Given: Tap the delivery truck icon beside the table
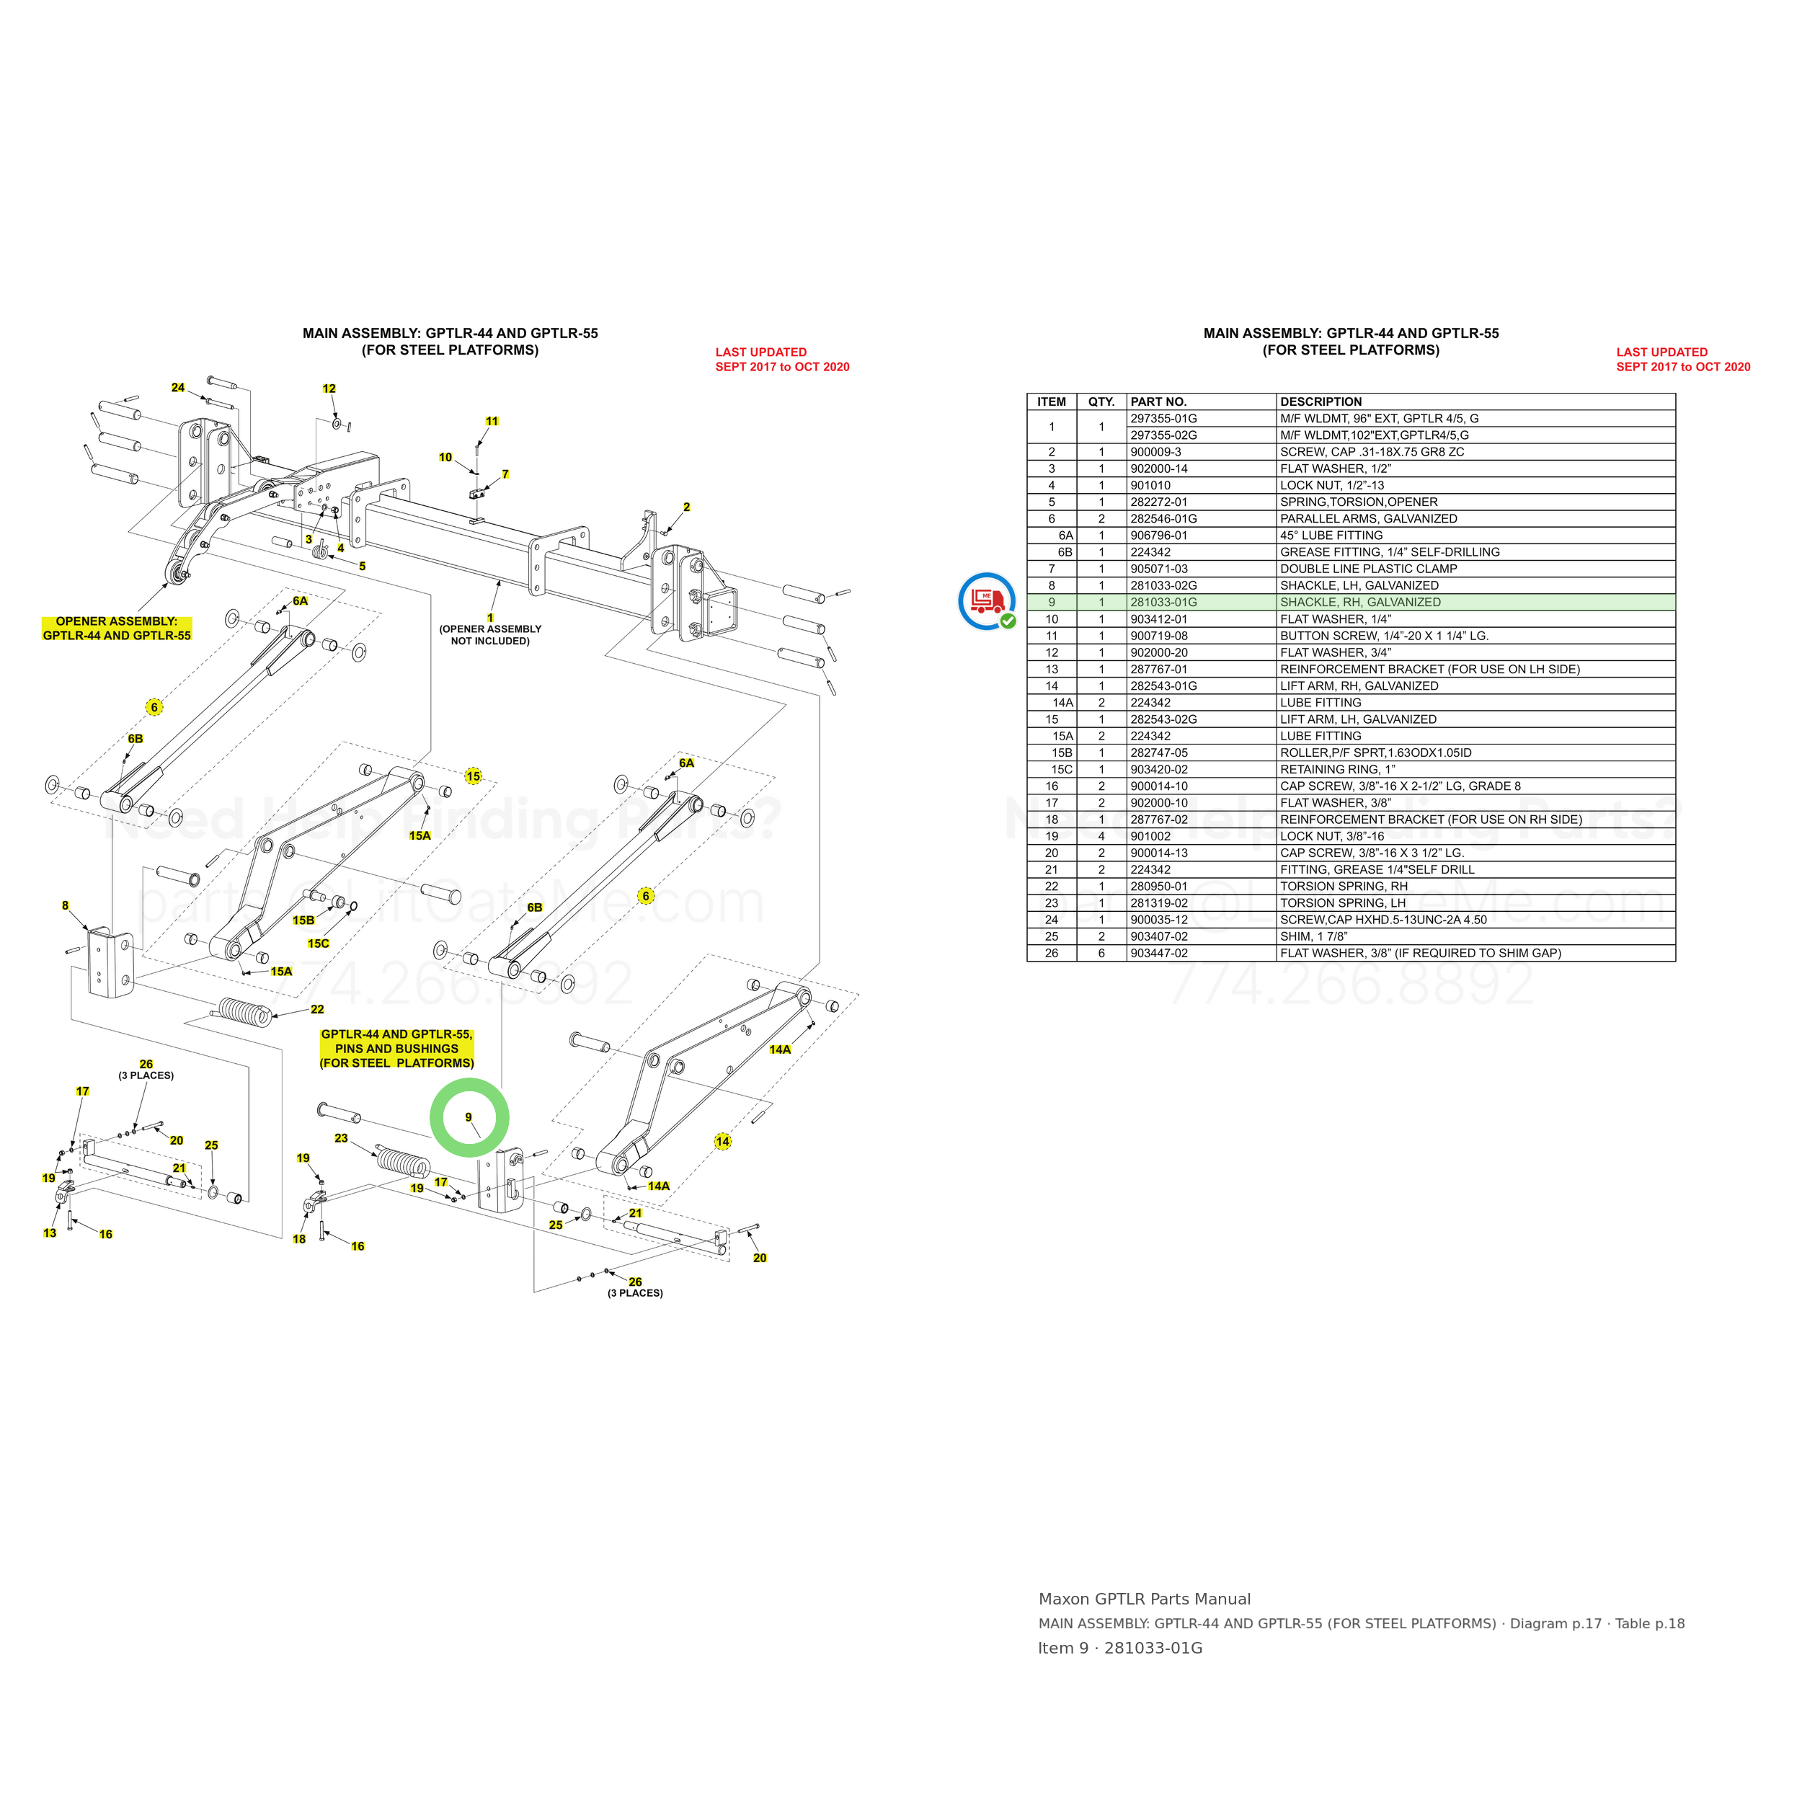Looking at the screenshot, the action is click(987, 602).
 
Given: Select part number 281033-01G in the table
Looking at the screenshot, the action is click(1163, 603).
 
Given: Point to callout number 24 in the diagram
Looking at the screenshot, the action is click(178, 388).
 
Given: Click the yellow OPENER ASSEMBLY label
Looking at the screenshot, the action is click(117, 629).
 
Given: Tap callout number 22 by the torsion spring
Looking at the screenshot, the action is click(317, 1009).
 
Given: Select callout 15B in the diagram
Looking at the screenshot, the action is click(304, 920).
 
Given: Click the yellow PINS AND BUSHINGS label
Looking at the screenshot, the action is click(397, 1048).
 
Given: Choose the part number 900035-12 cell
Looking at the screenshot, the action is click(1159, 920).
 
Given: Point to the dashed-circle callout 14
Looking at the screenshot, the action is click(723, 1142).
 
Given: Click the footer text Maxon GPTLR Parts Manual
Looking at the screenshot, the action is click(1145, 1599).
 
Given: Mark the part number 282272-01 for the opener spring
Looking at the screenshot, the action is click(1159, 502).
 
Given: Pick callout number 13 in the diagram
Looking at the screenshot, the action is click(50, 1233).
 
